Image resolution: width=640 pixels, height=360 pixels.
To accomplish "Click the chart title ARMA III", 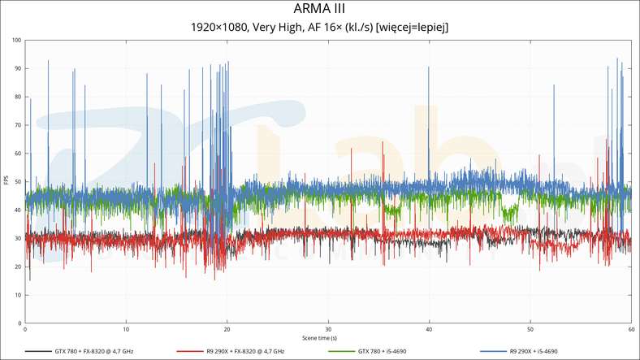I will tap(320, 9).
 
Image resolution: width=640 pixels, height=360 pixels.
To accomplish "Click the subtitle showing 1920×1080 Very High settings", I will tap(320, 27).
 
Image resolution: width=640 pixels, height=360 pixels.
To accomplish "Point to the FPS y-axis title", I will tap(6, 181).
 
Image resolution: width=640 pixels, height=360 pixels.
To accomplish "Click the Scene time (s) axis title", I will tap(320, 337).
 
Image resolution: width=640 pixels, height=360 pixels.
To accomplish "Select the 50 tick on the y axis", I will tap(19, 182).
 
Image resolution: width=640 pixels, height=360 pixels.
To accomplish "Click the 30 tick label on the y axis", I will tap(19, 239).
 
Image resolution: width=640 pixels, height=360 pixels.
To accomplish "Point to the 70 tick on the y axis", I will tap(19, 125).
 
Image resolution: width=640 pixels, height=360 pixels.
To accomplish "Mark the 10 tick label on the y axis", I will tap(19, 296).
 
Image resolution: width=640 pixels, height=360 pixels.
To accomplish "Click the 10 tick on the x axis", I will tap(126, 330).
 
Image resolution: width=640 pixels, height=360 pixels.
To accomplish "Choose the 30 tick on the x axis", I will tap(327, 330).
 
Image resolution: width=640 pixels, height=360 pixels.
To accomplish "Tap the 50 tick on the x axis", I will tap(530, 330).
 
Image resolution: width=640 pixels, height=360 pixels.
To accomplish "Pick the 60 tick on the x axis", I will tap(630, 330).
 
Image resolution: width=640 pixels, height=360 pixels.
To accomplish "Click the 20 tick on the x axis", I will tap(227, 330).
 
